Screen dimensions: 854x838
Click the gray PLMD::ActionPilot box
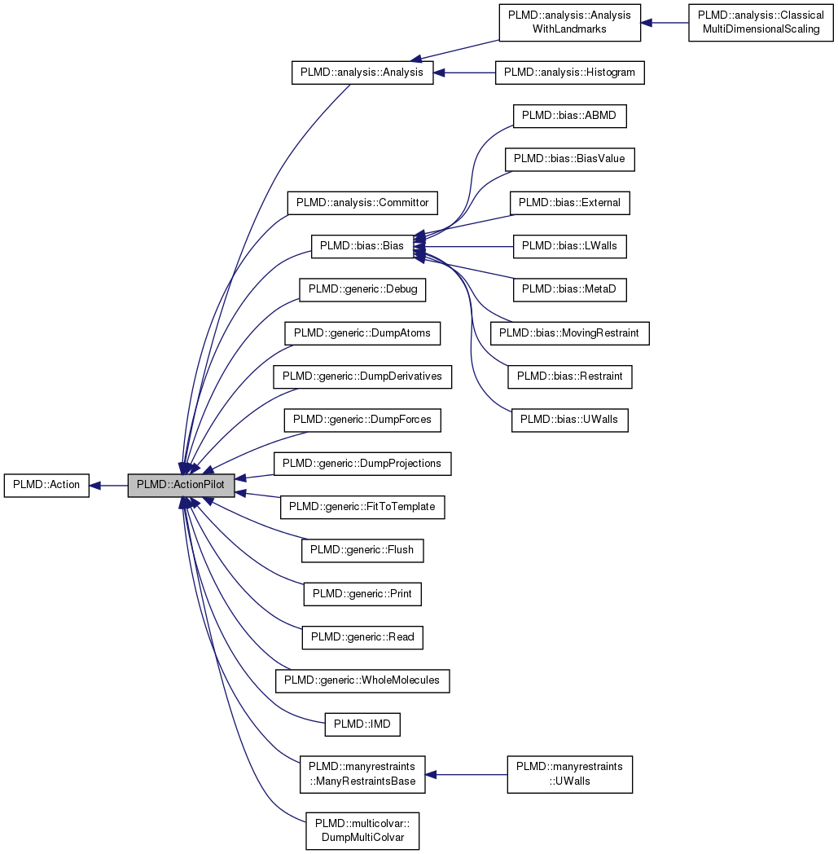point(182,485)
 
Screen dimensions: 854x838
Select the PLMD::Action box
point(46,485)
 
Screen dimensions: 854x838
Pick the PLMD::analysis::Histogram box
point(570,72)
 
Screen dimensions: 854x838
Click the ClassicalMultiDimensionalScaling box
point(761,22)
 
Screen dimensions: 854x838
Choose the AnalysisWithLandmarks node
point(570,22)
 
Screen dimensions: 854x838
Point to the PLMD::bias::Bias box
point(362,245)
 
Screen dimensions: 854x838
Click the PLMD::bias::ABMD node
point(569,116)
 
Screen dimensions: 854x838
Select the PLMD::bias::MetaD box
point(569,289)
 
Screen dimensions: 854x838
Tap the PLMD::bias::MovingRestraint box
point(570,332)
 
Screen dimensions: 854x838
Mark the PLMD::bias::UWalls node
point(569,420)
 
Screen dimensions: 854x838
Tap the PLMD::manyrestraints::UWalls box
point(569,773)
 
